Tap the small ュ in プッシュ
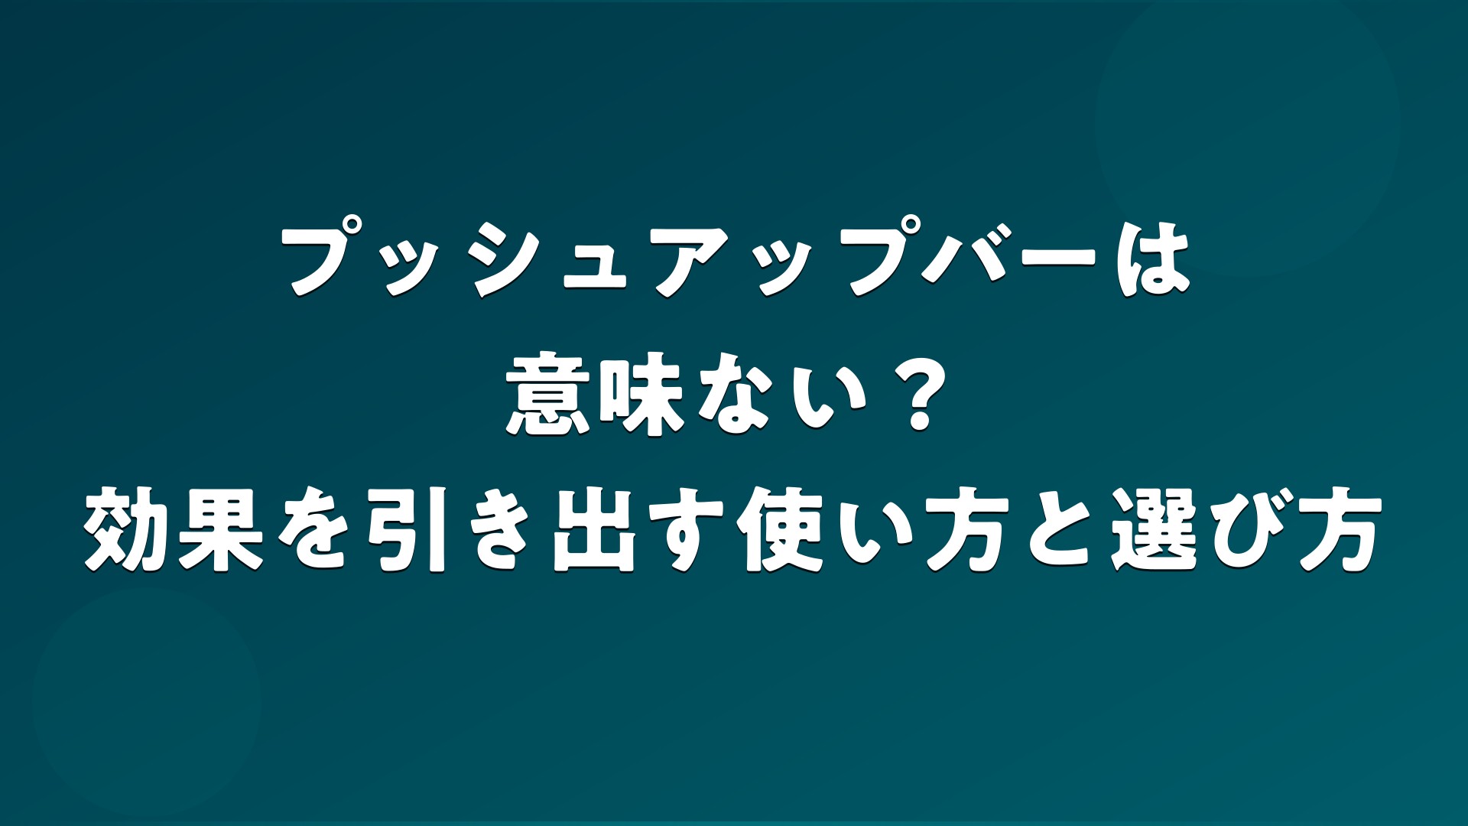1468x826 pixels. (x=594, y=267)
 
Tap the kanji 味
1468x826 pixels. (x=641, y=397)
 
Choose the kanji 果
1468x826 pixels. (x=222, y=532)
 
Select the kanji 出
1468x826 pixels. (x=594, y=532)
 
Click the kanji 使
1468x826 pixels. (x=780, y=532)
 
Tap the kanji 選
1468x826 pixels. (x=1153, y=532)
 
